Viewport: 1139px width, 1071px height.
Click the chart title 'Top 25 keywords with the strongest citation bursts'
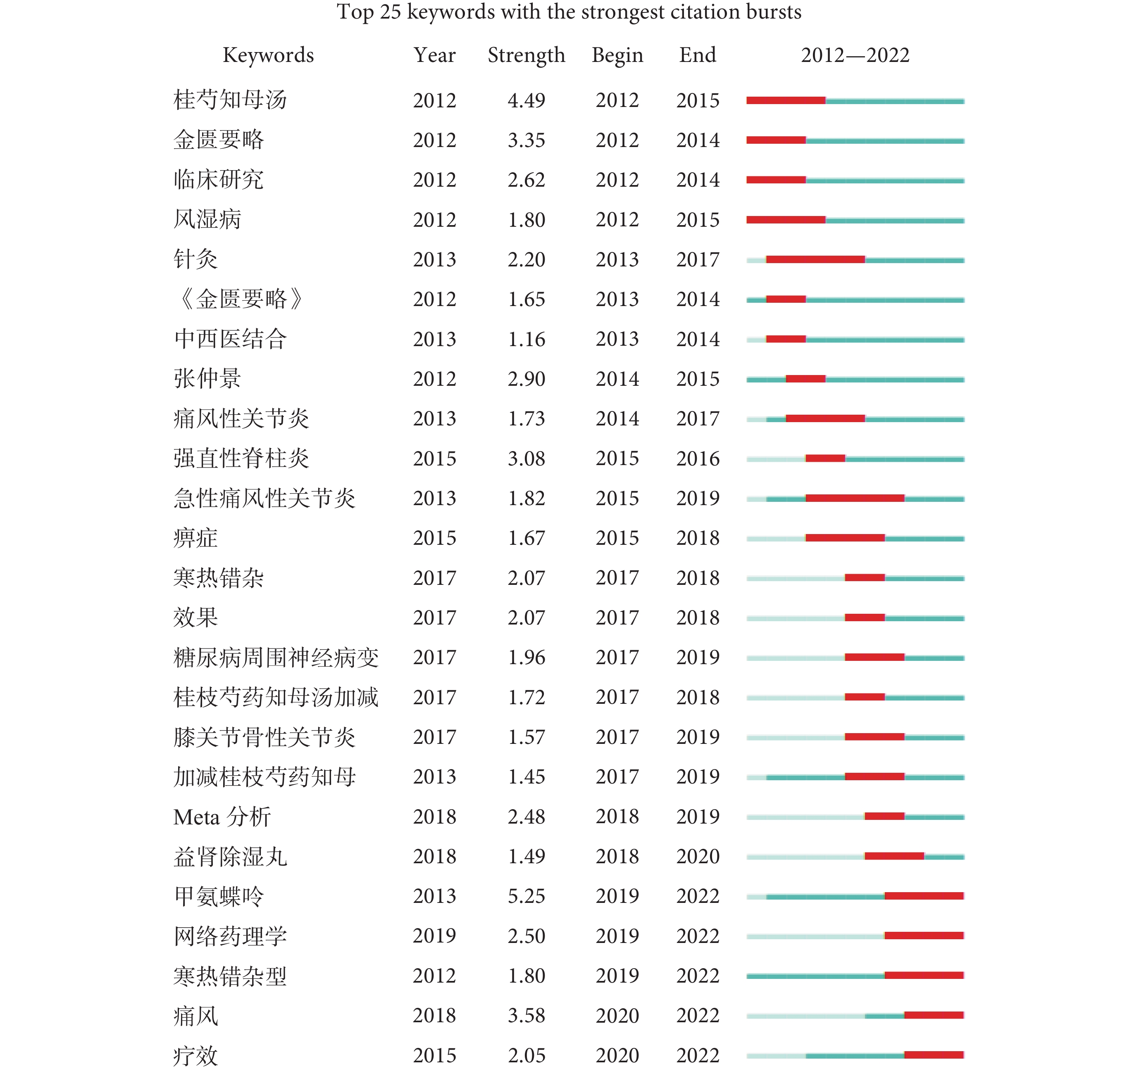coord(569,12)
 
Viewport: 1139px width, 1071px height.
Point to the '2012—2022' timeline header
coord(855,55)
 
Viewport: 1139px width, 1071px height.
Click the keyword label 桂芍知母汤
coord(230,100)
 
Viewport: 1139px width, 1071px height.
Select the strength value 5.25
coord(526,896)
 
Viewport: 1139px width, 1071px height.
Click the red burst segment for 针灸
coord(815,259)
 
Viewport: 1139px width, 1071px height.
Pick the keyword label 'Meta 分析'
coord(222,817)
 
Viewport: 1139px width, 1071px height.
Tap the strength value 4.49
coord(526,100)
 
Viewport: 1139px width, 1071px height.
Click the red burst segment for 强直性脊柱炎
coord(825,458)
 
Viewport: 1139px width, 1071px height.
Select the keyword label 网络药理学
coord(230,936)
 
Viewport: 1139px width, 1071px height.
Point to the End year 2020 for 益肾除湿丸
coord(697,856)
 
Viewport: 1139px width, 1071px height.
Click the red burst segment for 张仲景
coord(805,379)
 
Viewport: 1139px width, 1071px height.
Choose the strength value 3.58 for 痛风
coord(526,1015)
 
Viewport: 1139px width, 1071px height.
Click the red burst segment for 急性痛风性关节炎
coord(855,498)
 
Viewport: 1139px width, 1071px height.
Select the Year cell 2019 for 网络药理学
coord(434,936)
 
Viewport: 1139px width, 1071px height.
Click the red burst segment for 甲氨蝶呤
coord(924,896)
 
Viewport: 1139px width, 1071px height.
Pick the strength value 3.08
coord(526,458)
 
